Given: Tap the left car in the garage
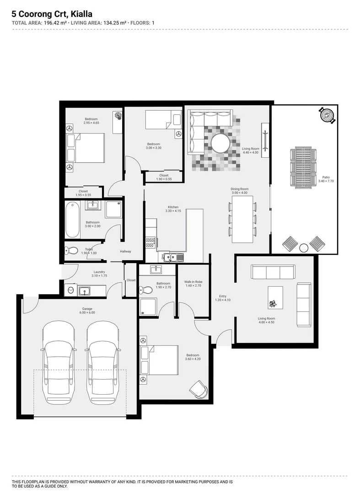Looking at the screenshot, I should (58, 361).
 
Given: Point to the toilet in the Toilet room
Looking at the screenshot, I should (71, 250).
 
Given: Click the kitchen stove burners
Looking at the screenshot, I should (150, 242).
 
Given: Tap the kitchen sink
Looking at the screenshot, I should (172, 257).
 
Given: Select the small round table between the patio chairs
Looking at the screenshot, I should (304, 247).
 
